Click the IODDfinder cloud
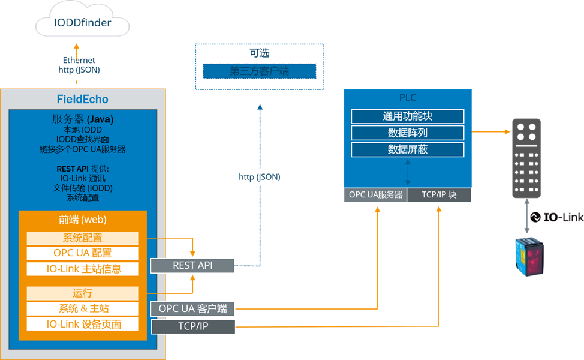[x=83, y=24]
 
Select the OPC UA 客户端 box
[x=192, y=309]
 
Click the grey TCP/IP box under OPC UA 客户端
[x=192, y=327]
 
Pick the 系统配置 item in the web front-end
[x=82, y=238]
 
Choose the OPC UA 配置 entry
[x=82, y=253]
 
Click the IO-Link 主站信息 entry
[x=82, y=269]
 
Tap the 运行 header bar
[x=82, y=293]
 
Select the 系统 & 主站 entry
[x=82, y=308]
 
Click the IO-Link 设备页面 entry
[x=82, y=324]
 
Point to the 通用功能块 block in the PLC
[x=408, y=116]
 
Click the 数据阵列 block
[x=408, y=133]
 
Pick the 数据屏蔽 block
[x=408, y=150]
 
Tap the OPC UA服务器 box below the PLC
[x=375, y=195]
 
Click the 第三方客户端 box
[x=260, y=71]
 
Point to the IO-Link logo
[x=556, y=217]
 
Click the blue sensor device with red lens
[x=530, y=256]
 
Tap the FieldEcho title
[x=83, y=99]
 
